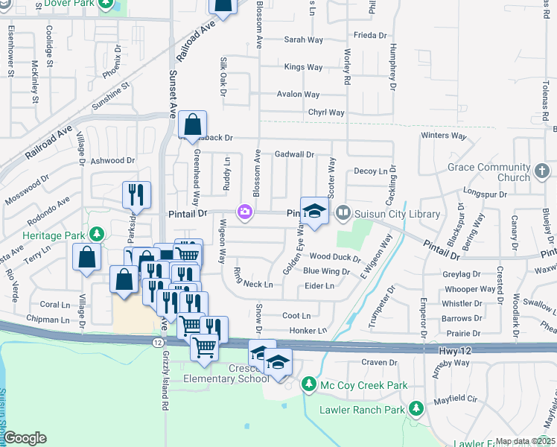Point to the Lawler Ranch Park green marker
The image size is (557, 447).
click(416, 409)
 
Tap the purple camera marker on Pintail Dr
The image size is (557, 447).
click(244, 213)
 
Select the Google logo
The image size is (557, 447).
click(25, 438)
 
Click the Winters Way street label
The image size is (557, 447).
click(443, 136)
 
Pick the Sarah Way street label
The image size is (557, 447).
click(303, 39)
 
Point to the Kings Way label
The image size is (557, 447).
click(304, 67)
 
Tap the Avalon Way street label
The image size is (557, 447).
click(298, 95)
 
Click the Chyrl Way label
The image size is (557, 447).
click(327, 112)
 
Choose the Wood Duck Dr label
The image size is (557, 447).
click(335, 258)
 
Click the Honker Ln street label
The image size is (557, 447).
click(308, 330)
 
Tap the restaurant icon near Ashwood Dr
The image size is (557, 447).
click(136, 195)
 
